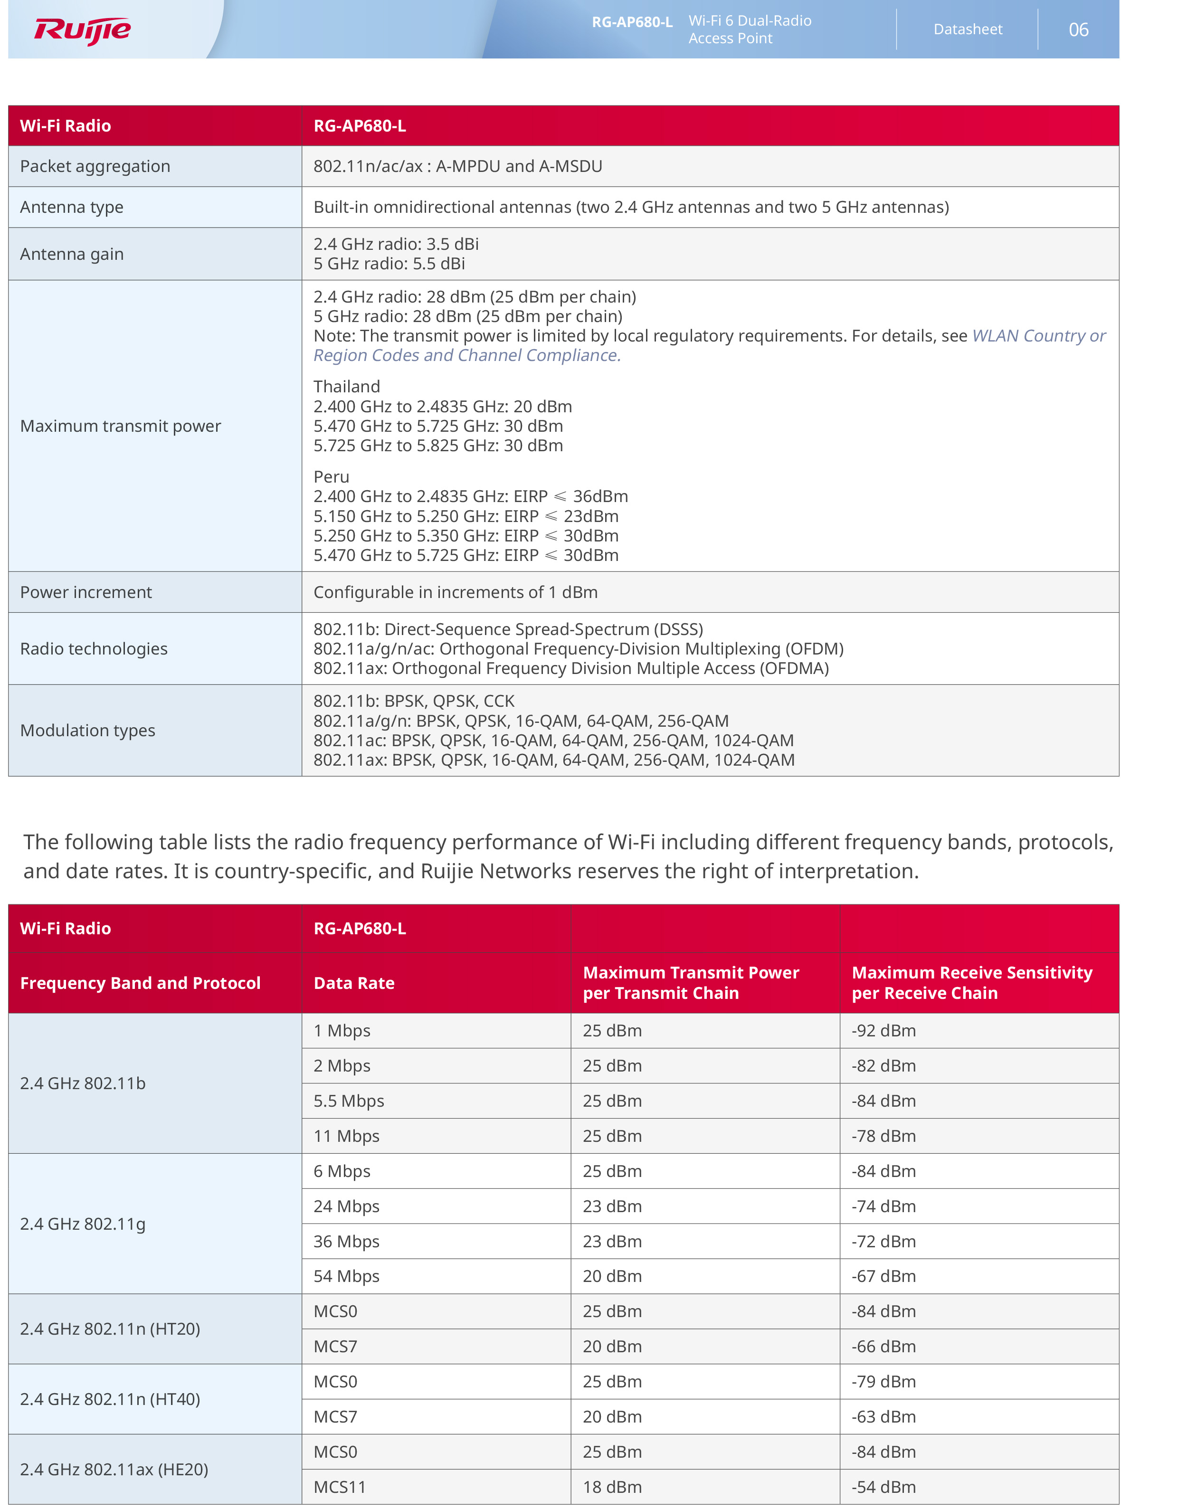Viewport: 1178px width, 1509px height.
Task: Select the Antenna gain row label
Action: point(72,254)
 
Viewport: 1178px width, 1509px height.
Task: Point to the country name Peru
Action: point(332,477)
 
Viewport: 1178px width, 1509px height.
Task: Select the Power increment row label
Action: point(85,592)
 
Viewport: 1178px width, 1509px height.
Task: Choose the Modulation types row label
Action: point(88,731)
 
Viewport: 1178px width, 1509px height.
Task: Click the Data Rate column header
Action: point(354,983)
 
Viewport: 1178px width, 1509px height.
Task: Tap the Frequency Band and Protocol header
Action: point(140,983)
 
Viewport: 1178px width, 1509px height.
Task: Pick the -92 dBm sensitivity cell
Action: point(883,1031)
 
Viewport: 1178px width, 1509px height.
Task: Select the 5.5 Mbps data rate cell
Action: point(349,1101)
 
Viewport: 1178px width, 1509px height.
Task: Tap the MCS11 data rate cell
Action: point(340,1487)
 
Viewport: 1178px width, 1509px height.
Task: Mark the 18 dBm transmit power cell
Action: point(612,1487)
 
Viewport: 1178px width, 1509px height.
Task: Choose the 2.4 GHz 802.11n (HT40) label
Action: point(110,1399)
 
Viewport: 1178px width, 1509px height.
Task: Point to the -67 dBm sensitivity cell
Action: point(883,1276)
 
